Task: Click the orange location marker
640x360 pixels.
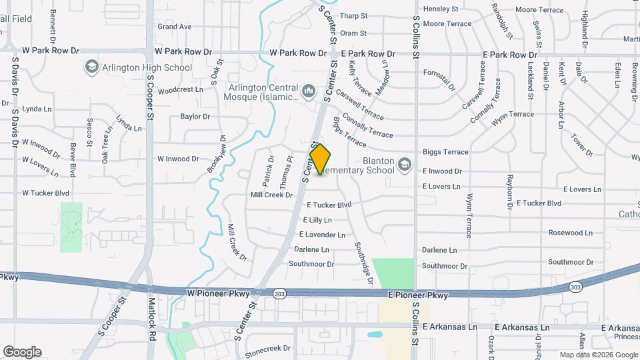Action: click(x=321, y=160)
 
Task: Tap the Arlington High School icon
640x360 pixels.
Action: click(x=91, y=67)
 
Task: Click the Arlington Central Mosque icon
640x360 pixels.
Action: click(x=308, y=90)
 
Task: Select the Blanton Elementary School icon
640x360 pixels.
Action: click(x=404, y=164)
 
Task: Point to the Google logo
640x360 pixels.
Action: click(x=22, y=352)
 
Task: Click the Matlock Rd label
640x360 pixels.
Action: click(x=152, y=328)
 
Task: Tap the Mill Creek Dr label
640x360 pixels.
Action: click(x=271, y=195)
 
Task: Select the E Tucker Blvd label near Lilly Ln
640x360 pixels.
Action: click(x=329, y=205)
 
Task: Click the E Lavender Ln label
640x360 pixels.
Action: click(x=322, y=235)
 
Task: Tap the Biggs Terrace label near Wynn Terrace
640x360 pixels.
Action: click(x=445, y=153)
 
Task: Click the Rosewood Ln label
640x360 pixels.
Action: click(x=571, y=233)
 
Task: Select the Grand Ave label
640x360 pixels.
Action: click(x=175, y=27)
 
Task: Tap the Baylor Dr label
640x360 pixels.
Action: click(x=195, y=117)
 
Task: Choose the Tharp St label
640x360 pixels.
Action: click(x=353, y=16)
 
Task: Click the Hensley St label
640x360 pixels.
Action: click(x=441, y=9)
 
